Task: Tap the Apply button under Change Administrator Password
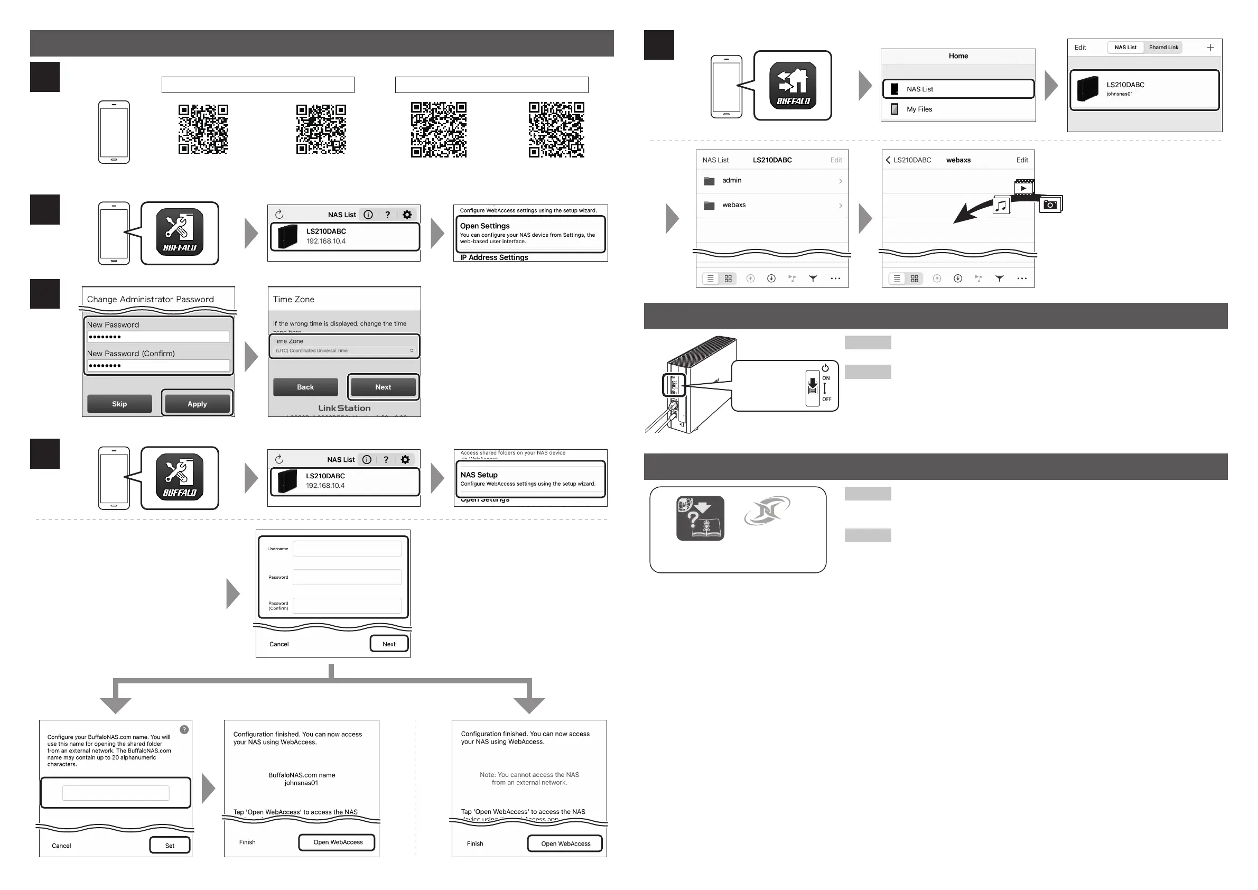coord(197,404)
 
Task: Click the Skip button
coord(119,404)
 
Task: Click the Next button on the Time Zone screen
coord(383,387)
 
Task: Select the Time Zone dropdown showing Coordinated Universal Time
coord(344,351)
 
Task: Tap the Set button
coord(170,846)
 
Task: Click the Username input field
coord(347,549)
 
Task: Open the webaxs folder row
coord(772,205)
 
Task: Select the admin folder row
coord(772,180)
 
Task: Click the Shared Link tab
coord(1163,48)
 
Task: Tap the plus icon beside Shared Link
coord(1210,48)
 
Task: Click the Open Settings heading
coord(485,226)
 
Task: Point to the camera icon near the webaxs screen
coord(1050,205)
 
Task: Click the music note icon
coord(1001,206)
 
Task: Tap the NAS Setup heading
coord(479,475)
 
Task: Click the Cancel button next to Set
coord(61,846)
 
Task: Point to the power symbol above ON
coord(825,368)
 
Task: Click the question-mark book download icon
coord(700,518)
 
